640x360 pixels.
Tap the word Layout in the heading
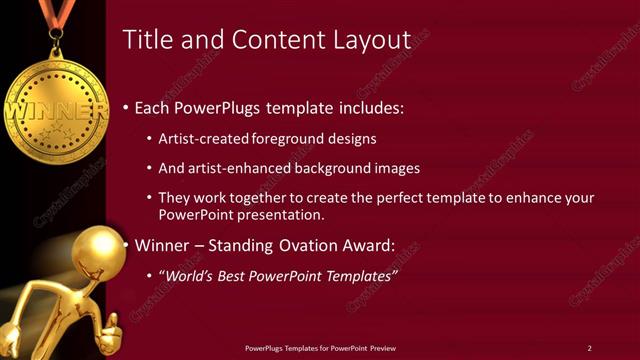372,41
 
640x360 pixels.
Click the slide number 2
589,348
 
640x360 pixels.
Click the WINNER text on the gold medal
55,105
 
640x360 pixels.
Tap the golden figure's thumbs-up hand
112,326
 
